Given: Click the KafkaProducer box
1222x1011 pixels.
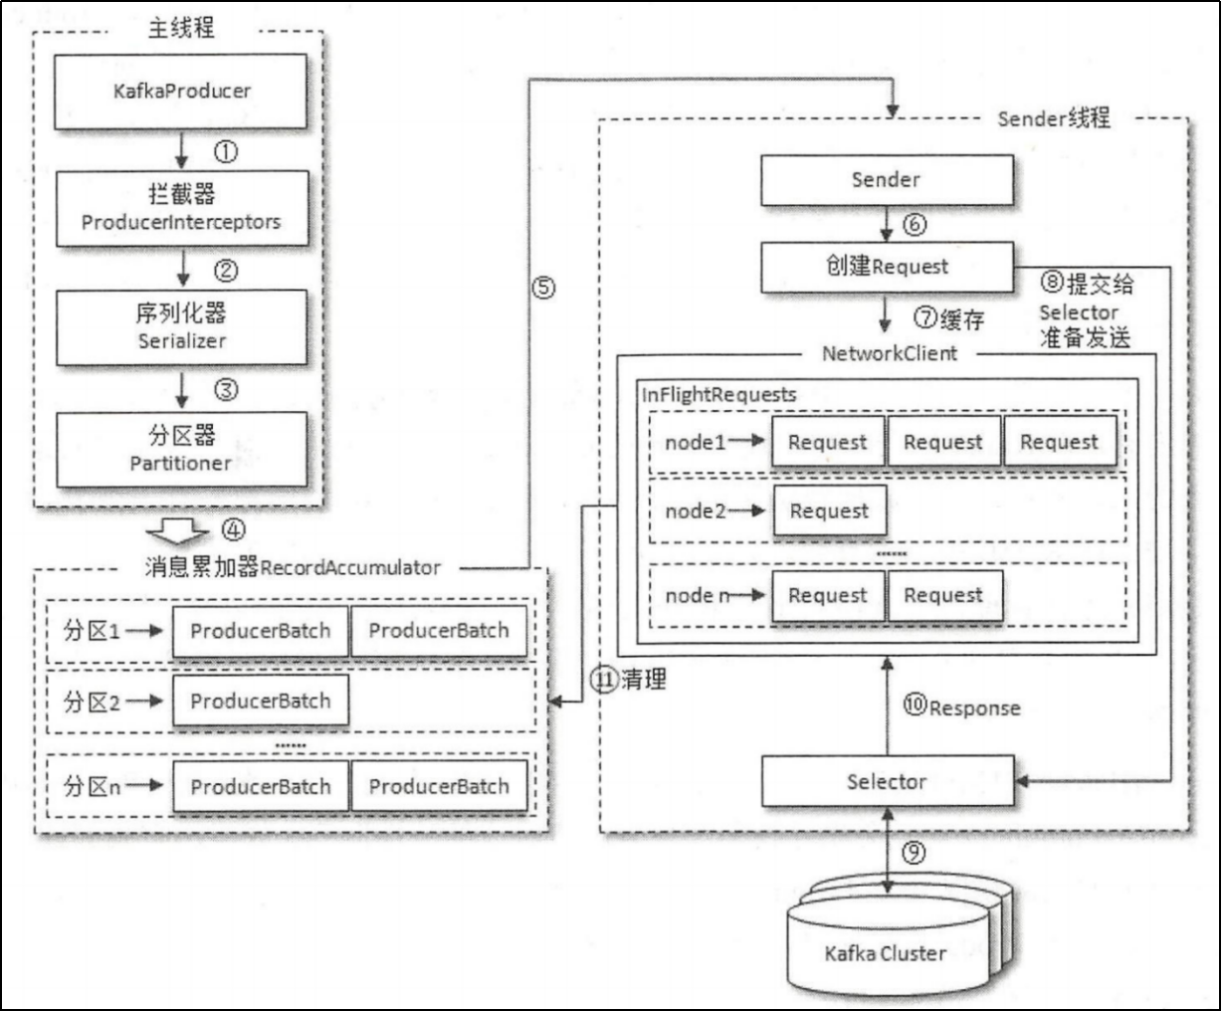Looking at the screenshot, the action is click(180, 92).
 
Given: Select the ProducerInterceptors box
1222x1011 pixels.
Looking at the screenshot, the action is click(182, 208).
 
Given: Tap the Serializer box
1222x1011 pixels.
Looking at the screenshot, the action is click(181, 327).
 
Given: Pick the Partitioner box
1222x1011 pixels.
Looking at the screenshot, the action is click(181, 450).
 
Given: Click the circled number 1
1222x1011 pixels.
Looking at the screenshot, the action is click(226, 152).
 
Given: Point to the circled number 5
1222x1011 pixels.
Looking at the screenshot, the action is click(543, 288).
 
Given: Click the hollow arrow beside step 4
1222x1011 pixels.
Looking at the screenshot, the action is click(177, 531).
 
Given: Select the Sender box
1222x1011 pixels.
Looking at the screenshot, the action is click(888, 180).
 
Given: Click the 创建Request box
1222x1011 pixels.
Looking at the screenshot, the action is click(888, 267).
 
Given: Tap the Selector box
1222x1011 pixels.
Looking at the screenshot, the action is click(888, 781).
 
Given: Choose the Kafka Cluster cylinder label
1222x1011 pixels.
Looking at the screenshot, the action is click(885, 953).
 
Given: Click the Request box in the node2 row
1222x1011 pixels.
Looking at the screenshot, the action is click(830, 510).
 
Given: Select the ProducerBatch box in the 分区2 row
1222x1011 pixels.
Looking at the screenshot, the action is click(261, 701).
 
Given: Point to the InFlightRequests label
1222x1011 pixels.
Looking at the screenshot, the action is click(719, 395).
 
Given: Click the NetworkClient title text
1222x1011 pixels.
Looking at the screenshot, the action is click(890, 353).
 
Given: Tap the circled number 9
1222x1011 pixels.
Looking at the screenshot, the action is click(914, 853).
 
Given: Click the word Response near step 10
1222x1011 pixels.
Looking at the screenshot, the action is click(975, 708).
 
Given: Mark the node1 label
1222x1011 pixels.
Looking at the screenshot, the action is click(696, 443).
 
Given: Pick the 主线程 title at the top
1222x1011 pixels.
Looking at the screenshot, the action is click(181, 28).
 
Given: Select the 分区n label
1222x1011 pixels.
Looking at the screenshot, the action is click(92, 786).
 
